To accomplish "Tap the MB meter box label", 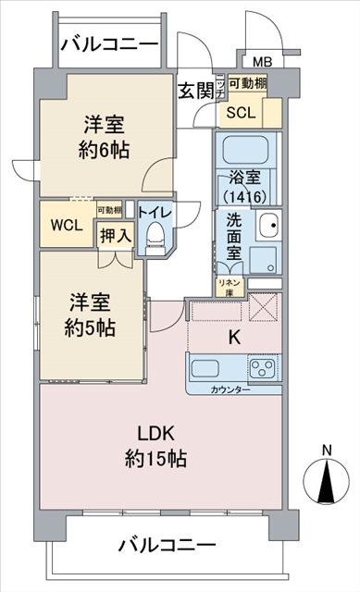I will [x=262, y=62].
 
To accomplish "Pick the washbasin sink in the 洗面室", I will [x=269, y=225].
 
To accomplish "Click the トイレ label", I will [x=152, y=211].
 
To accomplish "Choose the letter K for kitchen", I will [x=234, y=338].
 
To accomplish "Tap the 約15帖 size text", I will [x=156, y=460].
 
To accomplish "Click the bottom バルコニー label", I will [x=167, y=545].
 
